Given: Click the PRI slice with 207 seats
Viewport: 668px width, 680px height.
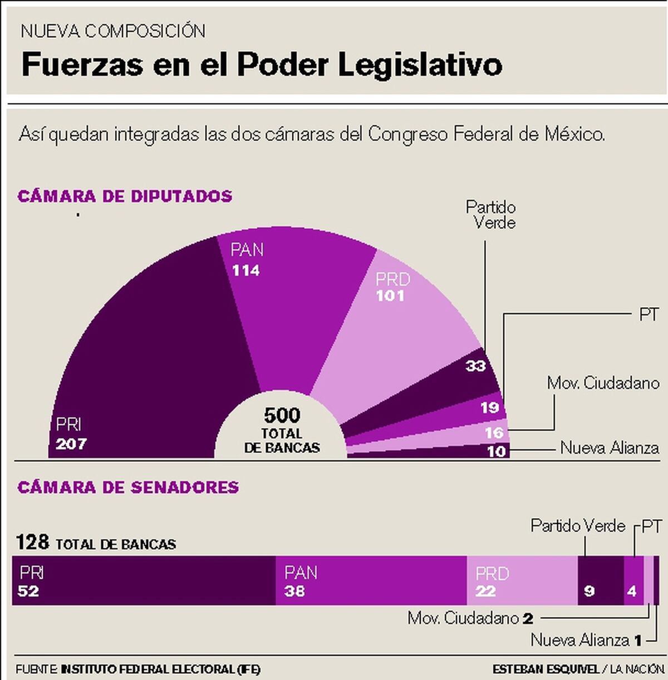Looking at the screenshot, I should click(x=150, y=362).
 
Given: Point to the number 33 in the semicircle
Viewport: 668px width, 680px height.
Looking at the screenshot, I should click(x=475, y=366).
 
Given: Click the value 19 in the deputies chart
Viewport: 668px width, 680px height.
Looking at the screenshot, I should click(x=489, y=408).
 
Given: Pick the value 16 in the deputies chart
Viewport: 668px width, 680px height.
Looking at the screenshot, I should click(x=494, y=432).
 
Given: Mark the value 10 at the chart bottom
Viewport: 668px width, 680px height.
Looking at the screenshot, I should click(x=496, y=451).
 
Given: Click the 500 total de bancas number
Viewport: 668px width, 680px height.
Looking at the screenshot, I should click(x=282, y=415).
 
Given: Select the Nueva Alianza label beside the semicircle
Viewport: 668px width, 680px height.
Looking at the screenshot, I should click(x=609, y=448).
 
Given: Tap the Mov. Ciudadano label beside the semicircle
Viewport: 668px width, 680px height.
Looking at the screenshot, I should click(x=603, y=383).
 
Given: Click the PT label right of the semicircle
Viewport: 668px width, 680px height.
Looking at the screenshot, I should click(x=649, y=314).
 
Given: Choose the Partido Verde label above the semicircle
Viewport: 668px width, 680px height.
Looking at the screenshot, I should click(x=490, y=215).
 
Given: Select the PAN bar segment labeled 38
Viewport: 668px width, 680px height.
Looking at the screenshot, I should click(x=371, y=580).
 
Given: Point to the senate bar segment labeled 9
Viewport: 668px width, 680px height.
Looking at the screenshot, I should click(x=600, y=580).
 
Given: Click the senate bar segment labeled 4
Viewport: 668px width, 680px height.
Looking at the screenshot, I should click(x=633, y=580).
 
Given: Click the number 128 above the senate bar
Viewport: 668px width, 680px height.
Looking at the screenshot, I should click(x=32, y=542).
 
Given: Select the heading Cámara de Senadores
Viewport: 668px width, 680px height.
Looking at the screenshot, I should click(x=128, y=487).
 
